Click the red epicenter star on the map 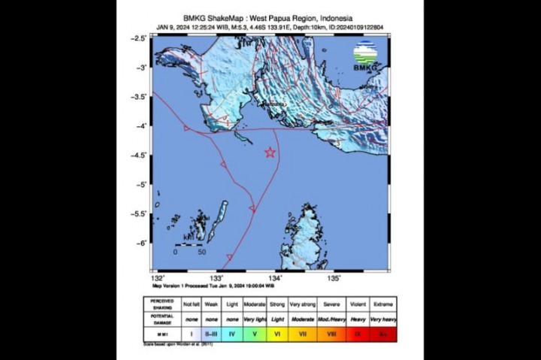click(x=270, y=153)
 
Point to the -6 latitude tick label click(x=140, y=243)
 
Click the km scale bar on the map click(x=189, y=245)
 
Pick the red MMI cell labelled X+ click(x=384, y=332)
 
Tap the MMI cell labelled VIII click(x=332, y=332)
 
